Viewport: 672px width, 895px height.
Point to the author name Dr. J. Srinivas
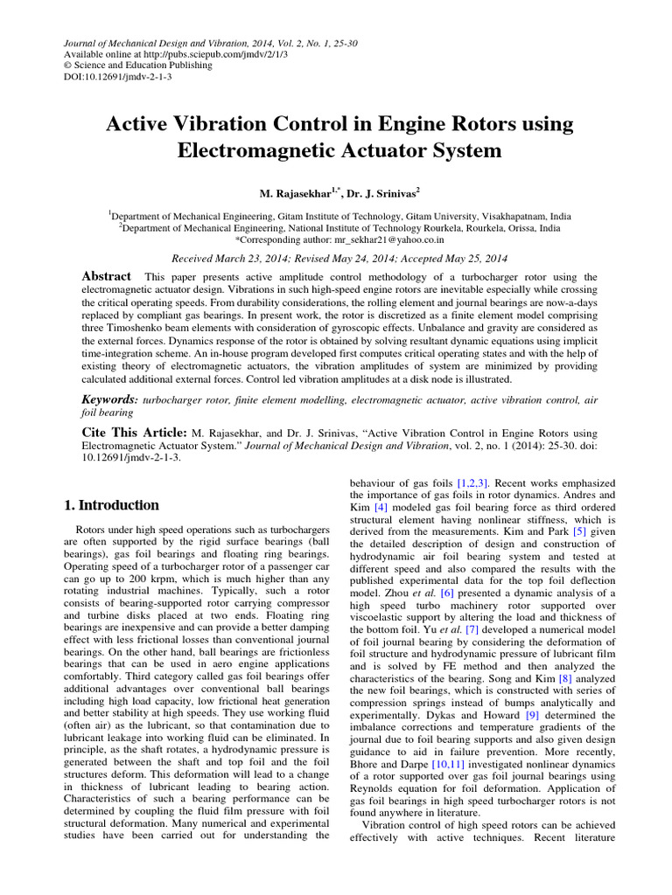pyautogui.click(x=379, y=191)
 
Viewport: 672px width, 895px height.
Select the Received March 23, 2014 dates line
pyautogui.click(x=339, y=258)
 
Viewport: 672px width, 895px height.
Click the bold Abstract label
pyautogui.click(x=107, y=275)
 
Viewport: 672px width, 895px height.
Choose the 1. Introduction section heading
pyautogui.click(x=113, y=505)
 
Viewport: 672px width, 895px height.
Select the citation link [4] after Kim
pyautogui.click(x=381, y=507)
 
